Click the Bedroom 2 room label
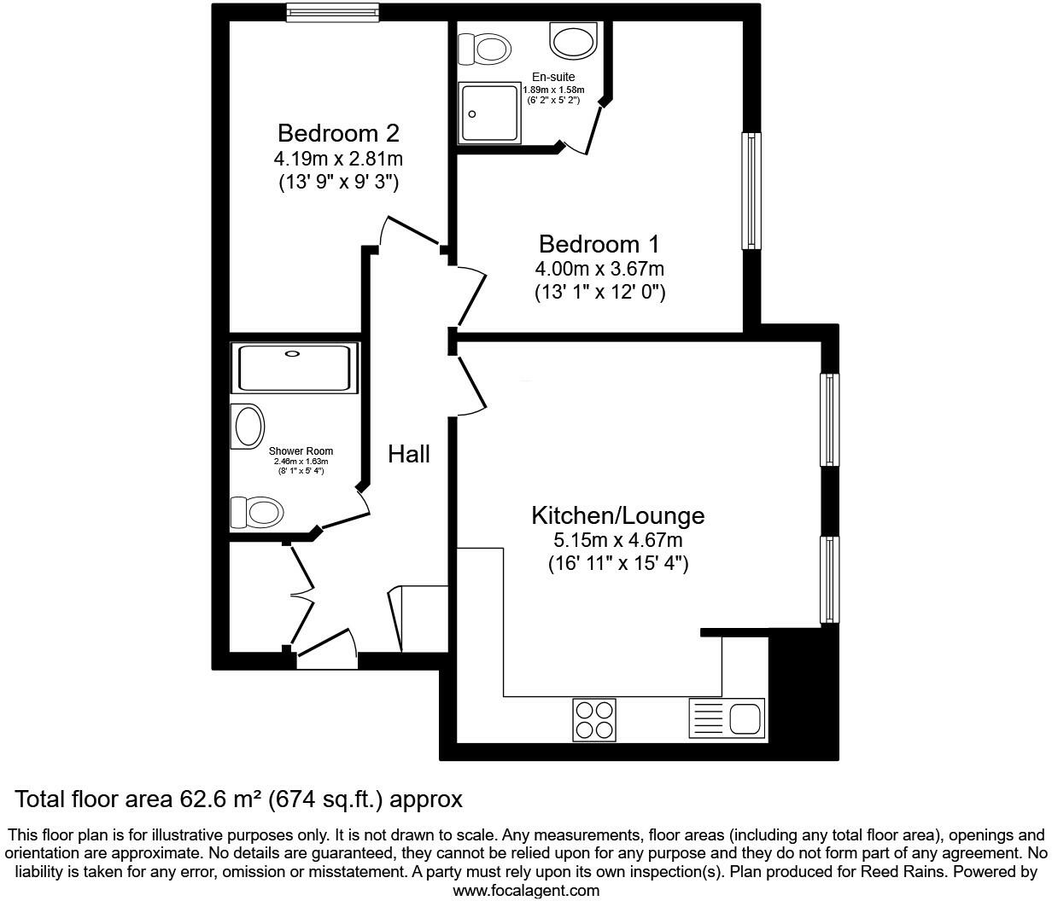pyautogui.click(x=338, y=133)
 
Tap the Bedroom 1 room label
pyautogui.click(x=599, y=244)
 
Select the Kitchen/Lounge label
pyautogui.click(x=617, y=515)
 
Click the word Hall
pyautogui.click(x=409, y=454)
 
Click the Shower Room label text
pyautogui.click(x=301, y=451)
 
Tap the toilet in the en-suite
pyautogui.click(x=483, y=49)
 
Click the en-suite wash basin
pyautogui.click(x=574, y=39)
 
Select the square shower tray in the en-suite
pyautogui.click(x=490, y=113)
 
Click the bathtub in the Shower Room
pyautogui.click(x=294, y=368)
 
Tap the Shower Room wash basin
pyautogui.click(x=248, y=425)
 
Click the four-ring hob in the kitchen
pyautogui.click(x=593, y=718)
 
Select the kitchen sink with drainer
pyautogui.click(x=726, y=718)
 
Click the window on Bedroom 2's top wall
pyautogui.click(x=332, y=12)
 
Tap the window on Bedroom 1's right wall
pyautogui.click(x=751, y=190)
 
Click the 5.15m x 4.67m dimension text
pyautogui.click(x=617, y=540)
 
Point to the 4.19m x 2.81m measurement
pyautogui.click(x=338, y=158)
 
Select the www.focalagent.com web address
pyautogui.click(x=526, y=891)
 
